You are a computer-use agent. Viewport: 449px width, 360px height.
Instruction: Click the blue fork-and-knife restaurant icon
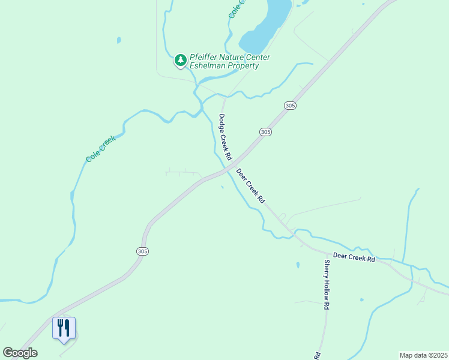click(x=64, y=328)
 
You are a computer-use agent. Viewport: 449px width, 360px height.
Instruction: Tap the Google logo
click(x=20, y=353)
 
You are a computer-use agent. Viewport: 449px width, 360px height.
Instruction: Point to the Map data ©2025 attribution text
click(x=423, y=355)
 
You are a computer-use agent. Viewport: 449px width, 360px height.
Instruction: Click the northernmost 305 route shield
click(x=291, y=106)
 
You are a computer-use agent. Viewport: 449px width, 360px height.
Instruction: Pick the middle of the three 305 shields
click(x=266, y=131)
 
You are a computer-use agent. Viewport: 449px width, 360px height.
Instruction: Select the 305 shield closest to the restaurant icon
click(x=142, y=251)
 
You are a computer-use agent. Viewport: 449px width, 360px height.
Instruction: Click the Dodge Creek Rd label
click(x=225, y=137)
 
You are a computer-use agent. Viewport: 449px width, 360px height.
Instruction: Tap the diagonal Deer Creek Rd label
click(x=250, y=187)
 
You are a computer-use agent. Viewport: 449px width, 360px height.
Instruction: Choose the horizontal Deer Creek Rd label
click(x=354, y=257)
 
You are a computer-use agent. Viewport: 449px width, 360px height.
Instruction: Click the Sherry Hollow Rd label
click(x=327, y=284)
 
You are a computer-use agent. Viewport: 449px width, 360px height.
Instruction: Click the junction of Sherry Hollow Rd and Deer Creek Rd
click(x=325, y=250)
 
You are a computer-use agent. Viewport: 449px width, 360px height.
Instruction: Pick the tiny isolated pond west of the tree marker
click(x=119, y=41)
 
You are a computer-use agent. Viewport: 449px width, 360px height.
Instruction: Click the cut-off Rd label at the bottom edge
click(x=316, y=355)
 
